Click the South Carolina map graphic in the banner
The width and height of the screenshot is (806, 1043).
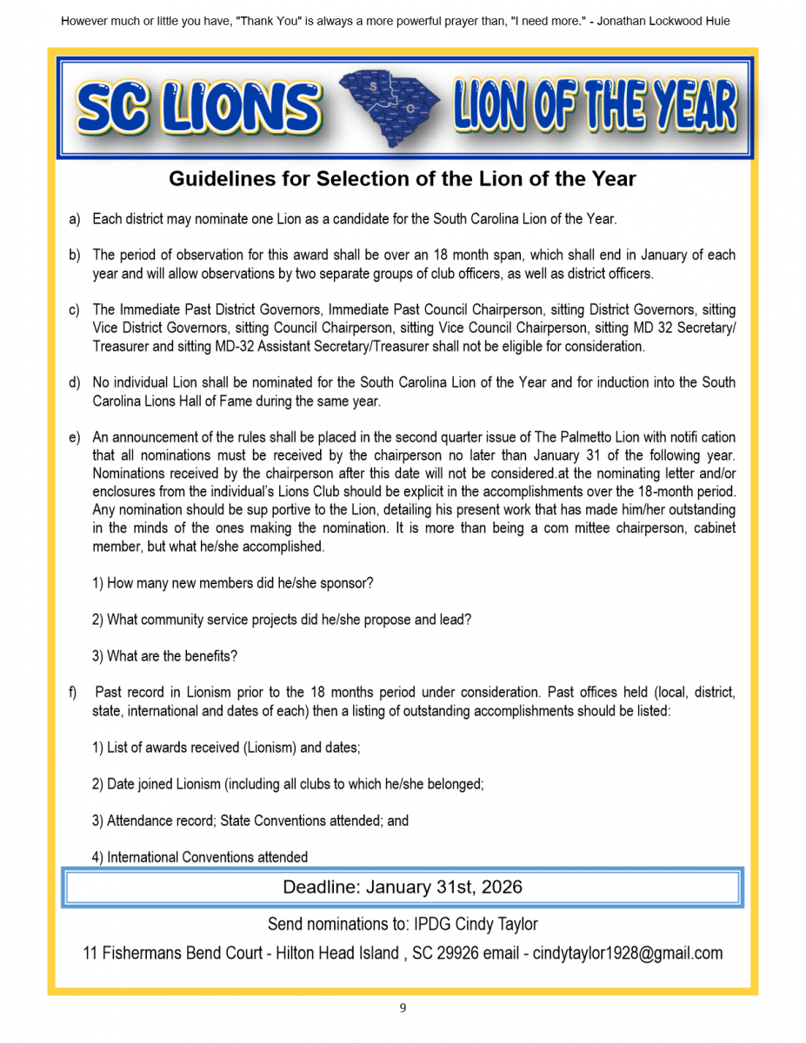pyautogui.click(x=389, y=107)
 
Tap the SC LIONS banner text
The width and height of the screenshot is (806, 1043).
pyautogui.click(x=198, y=109)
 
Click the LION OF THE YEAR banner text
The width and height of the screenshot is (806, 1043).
pyautogui.click(x=595, y=106)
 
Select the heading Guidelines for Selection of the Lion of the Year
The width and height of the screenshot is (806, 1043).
pyautogui.click(x=402, y=179)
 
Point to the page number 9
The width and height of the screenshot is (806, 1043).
pyautogui.click(x=403, y=1008)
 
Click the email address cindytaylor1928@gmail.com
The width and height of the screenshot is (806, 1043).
pyautogui.click(x=627, y=953)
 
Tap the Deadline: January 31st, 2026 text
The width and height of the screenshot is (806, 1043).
pyautogui.click(x=402, y=887)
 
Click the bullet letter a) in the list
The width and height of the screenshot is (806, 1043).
pyautogui.click(x=75, y=219)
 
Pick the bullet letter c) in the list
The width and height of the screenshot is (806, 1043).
pyautogui.click(x=75, y=310)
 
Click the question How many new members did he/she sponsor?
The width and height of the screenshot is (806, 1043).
pyautogui.click(x=232, y=583)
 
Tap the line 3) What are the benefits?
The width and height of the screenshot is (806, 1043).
pyautogui.click(x=164, y=656)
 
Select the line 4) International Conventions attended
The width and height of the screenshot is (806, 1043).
pyautogui.click(x=200, y=857)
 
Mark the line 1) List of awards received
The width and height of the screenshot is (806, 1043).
pyautogui.click(x=226, y=747)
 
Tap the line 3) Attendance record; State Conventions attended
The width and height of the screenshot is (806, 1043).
pyautogui.click(x=250, y=820)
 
